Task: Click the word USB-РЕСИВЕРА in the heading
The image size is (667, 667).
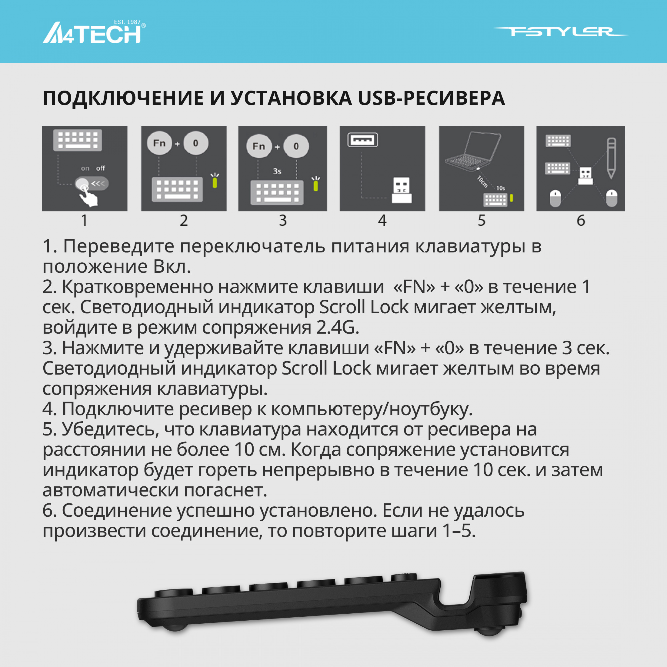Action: (431, 98)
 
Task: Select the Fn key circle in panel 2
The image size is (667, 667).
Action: (159, 143)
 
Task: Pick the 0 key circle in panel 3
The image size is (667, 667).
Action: (296, 146)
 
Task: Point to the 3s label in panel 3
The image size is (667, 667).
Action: (277, 171)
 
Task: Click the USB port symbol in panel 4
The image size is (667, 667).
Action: (362, 140)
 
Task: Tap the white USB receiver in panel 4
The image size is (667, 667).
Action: (402, 190)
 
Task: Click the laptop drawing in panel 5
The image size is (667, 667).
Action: (473, 152)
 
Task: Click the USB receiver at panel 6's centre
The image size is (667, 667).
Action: (586, 176)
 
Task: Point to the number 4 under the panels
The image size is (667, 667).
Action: (382, 220)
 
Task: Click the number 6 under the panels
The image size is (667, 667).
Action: (581, 220)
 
